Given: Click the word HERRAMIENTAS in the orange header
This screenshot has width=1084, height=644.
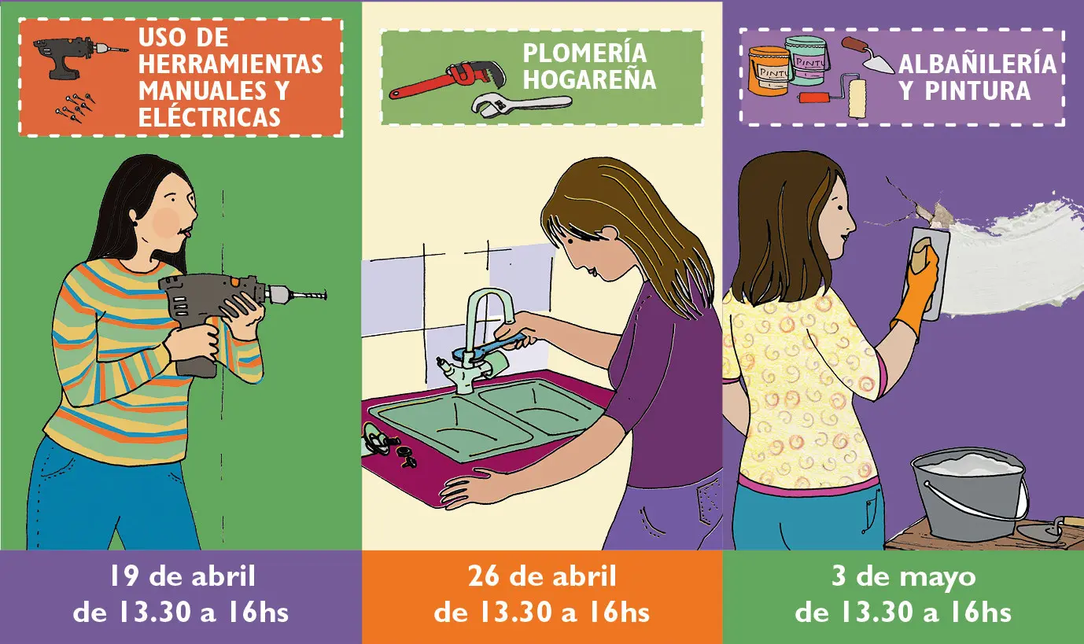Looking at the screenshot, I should [x=230, y=64].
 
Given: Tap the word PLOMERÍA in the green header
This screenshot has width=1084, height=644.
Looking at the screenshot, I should [x=584, y=53].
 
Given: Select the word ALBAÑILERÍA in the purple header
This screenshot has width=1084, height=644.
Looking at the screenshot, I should [x=977, y=64].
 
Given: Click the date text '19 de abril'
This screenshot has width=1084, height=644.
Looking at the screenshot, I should [x=181, y=576].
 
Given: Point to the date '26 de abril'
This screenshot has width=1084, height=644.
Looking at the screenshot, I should [x=542, y=576].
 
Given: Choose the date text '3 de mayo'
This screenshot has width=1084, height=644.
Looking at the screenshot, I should [x=903, y=576].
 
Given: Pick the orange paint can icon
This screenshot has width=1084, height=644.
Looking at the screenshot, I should [x=768, y=71].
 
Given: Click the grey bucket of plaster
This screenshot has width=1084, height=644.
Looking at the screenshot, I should [x=968, y=495].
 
